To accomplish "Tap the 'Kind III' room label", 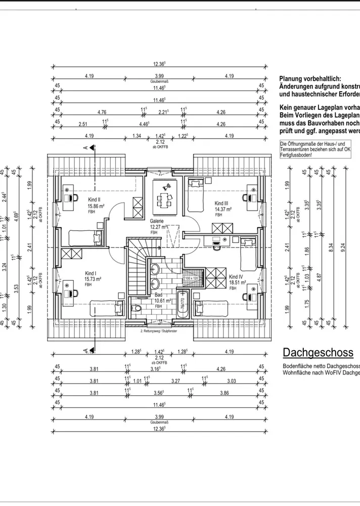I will (x=222, y=202).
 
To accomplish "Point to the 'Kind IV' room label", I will (x=237, y=276).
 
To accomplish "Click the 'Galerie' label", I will (x=156, y=221).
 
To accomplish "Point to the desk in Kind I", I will (x=70, y=294).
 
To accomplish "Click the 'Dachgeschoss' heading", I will (x=318, y=353).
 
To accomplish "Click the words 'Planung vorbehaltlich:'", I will (x=310, y=79).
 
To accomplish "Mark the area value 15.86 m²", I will (x=96, y=206).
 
